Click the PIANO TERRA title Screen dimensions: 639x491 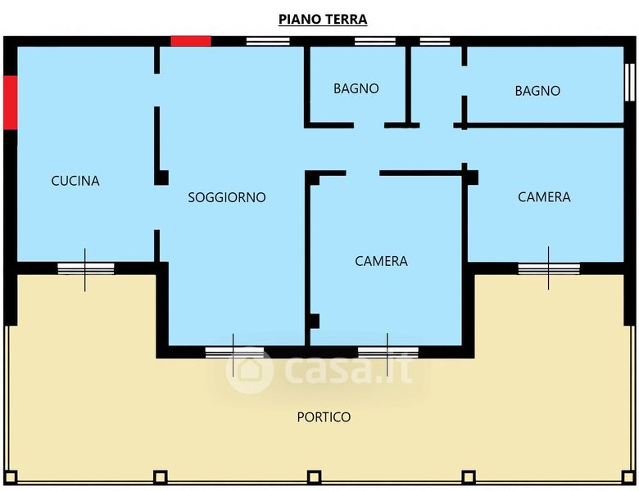(x=323, y=19)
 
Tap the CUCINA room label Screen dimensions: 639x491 (x=75, y=181)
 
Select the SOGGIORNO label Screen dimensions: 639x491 (x=227, y=197)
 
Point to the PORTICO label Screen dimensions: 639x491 (x=324, y=417)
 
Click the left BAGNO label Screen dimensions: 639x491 (x=356, y=88)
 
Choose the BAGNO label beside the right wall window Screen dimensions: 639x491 (x=537, y=90)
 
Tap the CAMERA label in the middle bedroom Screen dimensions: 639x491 (x=381, y=261)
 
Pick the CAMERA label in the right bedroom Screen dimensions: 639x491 (x=544, y=197)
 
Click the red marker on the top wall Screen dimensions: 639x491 (x=191, y=41)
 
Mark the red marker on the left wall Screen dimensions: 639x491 (x=11, y=102)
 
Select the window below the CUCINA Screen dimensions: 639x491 (x=85, y=268)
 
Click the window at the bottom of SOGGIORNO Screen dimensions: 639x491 (x=234, y=353)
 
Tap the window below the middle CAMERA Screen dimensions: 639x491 (x=388, y=353)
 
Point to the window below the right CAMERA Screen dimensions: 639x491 (x=549, y=268)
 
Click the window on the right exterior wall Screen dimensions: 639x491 (x=630, y=82)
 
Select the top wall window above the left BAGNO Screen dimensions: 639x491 (x=375, y=41)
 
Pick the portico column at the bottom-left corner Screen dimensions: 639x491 (x=11, y=477)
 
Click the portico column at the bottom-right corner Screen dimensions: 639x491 (x=628, y=477)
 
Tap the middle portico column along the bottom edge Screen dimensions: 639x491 (x=314, y=477)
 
